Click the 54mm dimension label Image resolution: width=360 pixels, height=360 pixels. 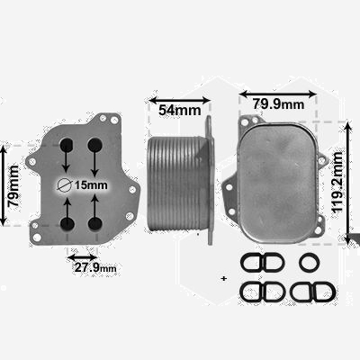pos(179,111)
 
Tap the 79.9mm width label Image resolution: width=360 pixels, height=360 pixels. pos(278,104)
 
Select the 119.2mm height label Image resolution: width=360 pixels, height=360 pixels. pos(337,183)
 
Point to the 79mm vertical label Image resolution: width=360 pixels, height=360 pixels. pos(13,185)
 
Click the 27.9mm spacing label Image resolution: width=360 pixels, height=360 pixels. pos(95,267)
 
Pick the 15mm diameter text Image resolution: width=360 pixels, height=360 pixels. pos(91,185)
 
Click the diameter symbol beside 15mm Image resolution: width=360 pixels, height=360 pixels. pos(65,185)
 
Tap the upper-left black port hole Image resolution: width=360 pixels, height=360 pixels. pos(67,145)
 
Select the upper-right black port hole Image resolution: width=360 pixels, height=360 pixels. pos(94,145)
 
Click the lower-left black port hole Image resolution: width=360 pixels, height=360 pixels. pos(67,224)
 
